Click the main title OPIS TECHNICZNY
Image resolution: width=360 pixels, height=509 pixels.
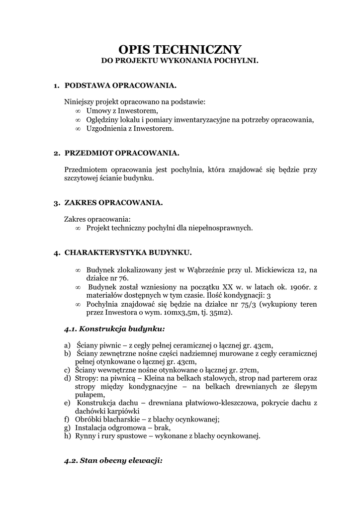tap(180, 49)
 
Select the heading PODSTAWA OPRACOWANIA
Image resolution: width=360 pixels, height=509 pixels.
tap(121, 86)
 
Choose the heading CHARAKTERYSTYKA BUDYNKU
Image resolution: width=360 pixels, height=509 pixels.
tap(128, 253)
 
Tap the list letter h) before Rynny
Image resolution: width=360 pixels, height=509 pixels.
tap(68, 436)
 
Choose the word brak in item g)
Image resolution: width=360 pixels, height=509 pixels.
tap(162, 427)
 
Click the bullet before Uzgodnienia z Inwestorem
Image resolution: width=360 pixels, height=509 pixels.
tap(78, 128)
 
